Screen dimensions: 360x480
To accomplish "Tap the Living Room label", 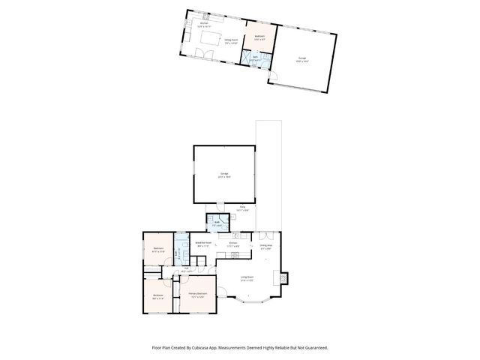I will [245, 278].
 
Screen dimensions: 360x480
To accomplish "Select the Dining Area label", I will [266, 246].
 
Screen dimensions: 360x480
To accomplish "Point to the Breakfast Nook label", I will [203, 244].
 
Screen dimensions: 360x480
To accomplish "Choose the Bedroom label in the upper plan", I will [259, 37].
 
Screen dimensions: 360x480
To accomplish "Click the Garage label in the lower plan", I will [223, 175].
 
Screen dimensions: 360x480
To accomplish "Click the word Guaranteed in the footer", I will [313, 347].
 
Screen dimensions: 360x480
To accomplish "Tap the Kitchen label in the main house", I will [235, 244].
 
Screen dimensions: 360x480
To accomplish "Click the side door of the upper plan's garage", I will [274, 75].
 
